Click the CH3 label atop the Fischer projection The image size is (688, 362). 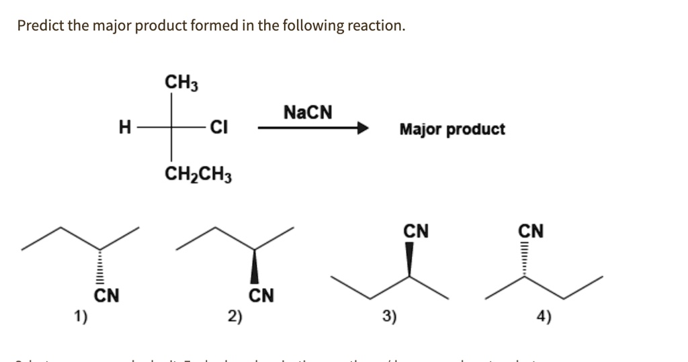coord(181,83)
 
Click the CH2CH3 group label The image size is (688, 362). coord(199,175)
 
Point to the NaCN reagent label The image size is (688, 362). coord(308,111)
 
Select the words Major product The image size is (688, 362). coord(451,129)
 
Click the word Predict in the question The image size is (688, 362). coord(39,26)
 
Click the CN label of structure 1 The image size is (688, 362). coord(106,295)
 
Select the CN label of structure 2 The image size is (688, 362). coord(261,295)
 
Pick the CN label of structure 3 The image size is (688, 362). coord(416,231)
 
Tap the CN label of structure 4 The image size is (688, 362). coord(531,231)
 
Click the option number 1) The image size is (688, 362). coord(80,316)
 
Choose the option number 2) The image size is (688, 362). coord(234,316)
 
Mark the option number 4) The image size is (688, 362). coord(544,316)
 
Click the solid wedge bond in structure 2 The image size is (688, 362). coord(255,267)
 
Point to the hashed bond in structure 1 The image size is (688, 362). coord(100,267)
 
